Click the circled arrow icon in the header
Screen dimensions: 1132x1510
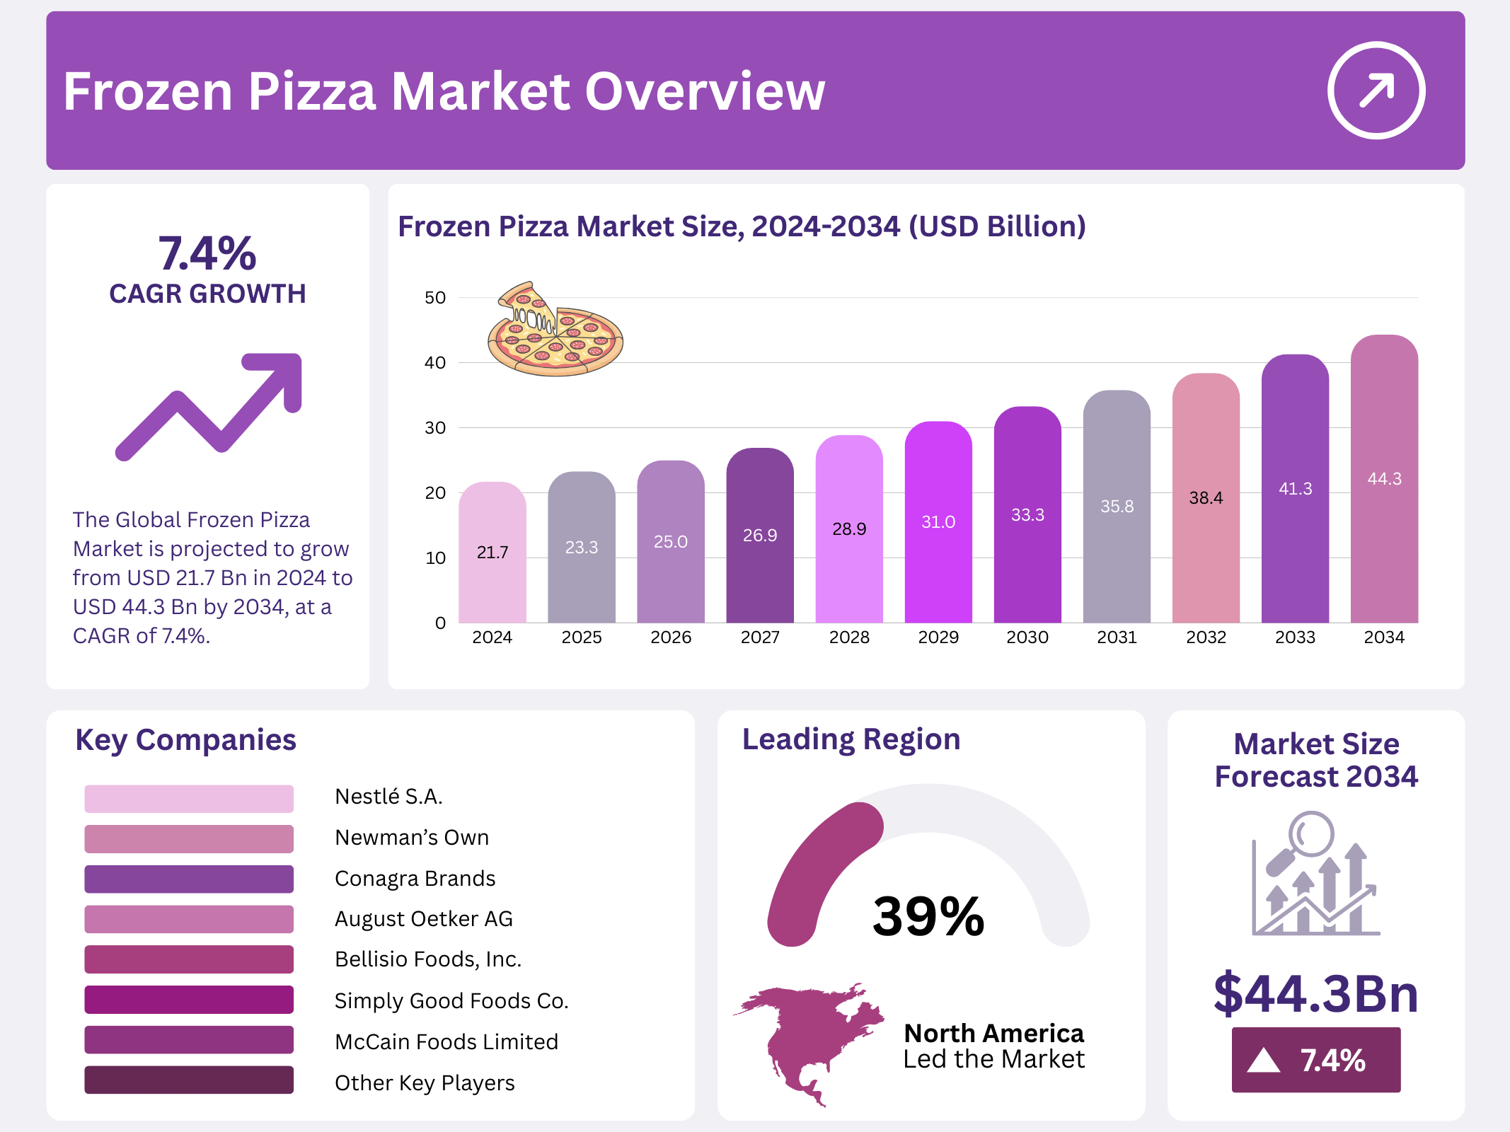(x=1376, y=91)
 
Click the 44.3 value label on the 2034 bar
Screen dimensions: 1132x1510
(x=1384, y=479)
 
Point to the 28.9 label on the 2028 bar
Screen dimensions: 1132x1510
(x=849, y=529)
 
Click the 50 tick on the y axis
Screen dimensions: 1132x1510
(x=435, y=298)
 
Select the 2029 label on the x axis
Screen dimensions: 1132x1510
(x=938, y=637)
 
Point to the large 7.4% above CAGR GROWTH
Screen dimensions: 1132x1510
(x=207, y=254)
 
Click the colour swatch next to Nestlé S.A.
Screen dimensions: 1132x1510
(x=189, y=798)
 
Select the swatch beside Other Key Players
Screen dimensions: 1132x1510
(x=189, y=1080)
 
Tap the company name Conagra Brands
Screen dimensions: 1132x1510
(x=415, y=879)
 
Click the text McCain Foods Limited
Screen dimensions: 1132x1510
(x=446, y=1041)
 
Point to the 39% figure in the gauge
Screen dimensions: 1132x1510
(x=928, y=917)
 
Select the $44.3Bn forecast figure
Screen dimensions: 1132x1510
(x=1315, y=993)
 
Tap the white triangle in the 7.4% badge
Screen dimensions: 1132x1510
(x=1264, y=1061)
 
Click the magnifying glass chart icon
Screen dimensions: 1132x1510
(x=1315, y=875)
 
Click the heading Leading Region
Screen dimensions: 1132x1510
(x=851, y=739)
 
